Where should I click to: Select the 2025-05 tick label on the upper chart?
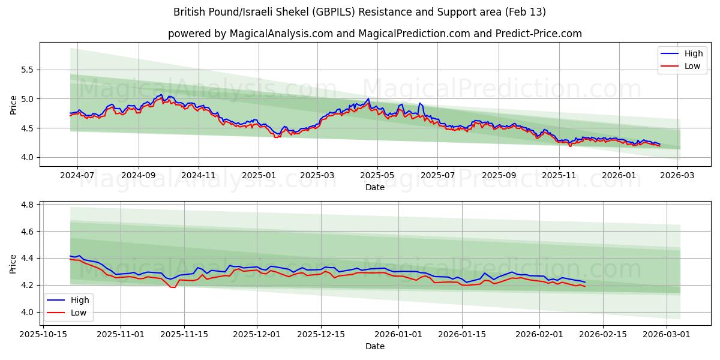point(377,176)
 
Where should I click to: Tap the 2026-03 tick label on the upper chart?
point(678,176)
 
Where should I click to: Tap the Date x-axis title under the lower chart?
point(375,346)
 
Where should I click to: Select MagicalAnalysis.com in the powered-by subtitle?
point(281,34)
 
